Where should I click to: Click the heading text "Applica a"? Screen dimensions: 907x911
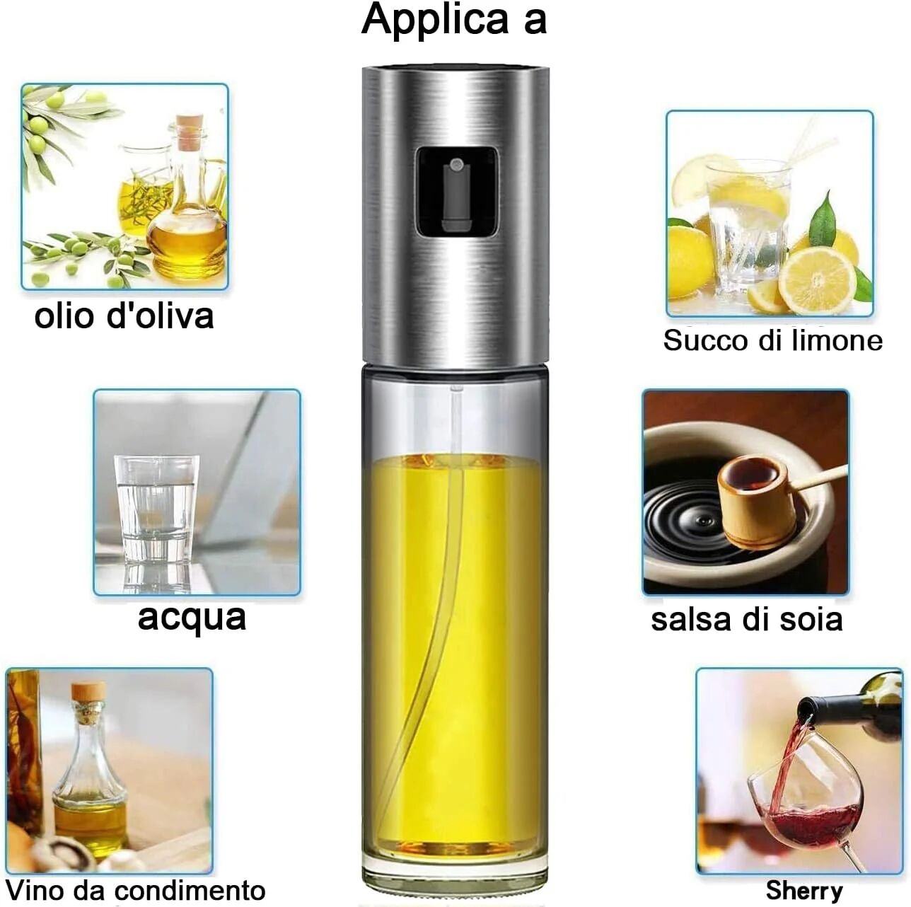click(x=454, y=19)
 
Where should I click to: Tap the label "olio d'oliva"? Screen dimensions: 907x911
click(x=124, y=316)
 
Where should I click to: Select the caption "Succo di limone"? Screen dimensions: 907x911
click(x=772, y=341)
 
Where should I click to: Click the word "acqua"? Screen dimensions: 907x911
click(x=192, y=616)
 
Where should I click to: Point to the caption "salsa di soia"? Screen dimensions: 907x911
click(x=746, y=620)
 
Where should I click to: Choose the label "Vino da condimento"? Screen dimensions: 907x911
click(x=135, y=890)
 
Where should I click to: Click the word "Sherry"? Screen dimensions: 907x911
click(x=803, y=890)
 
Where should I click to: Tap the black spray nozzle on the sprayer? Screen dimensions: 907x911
click(x=456, y=191)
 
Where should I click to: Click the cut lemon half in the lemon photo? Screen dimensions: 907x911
click(x=817, y=279)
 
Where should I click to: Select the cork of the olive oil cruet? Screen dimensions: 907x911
click(x=189, y=132)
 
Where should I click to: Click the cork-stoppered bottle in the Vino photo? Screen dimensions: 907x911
click(x=90, y=771)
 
